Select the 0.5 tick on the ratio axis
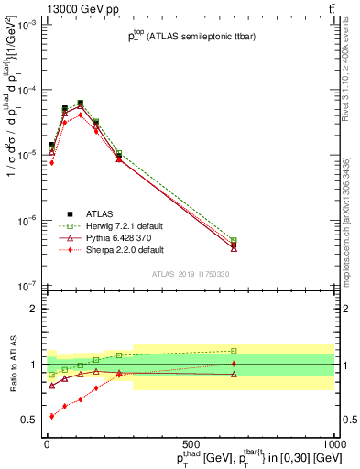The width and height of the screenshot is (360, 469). click(x=29, y=420)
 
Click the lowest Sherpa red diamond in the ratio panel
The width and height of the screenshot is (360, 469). click(x=50, y=417)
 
